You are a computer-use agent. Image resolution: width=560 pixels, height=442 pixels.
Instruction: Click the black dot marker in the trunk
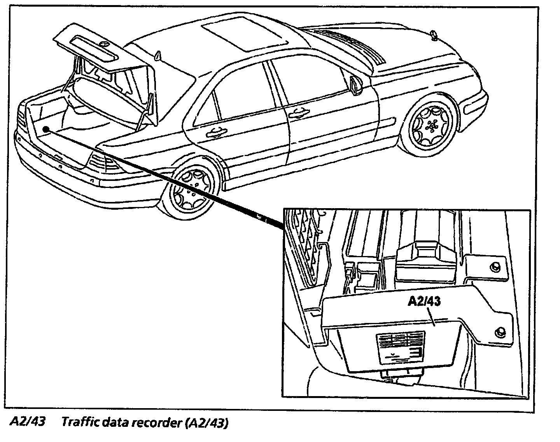(x=46, y=129)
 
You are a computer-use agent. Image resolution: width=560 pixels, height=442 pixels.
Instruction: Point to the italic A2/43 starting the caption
(x=27, y=422)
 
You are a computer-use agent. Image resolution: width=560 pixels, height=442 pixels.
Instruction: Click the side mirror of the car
(x=355, y=85)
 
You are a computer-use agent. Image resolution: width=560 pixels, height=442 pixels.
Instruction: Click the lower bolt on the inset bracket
(x=500, y=332)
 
